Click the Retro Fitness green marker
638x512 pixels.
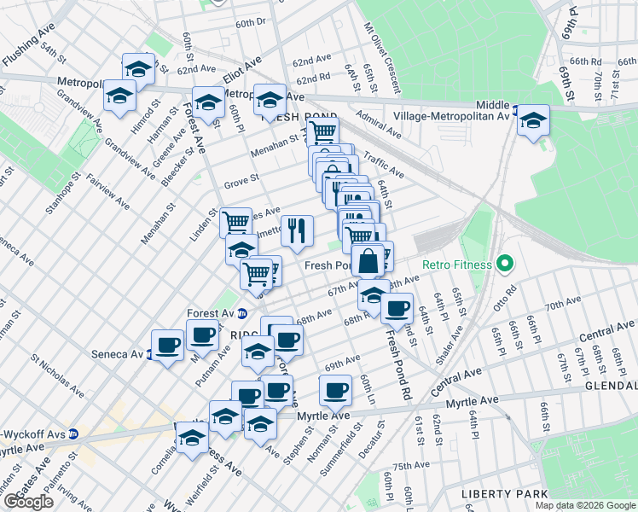(504, 265)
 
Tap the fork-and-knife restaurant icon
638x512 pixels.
(297, 230)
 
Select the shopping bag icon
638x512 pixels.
(368, 261)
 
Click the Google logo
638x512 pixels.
(28, 502)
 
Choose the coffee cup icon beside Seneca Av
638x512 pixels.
(167, 345)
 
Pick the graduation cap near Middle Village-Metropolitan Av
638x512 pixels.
(533, 120)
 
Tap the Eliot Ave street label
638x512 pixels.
(241, 72)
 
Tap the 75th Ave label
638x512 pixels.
(412, 465)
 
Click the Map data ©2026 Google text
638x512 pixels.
(586, 505)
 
